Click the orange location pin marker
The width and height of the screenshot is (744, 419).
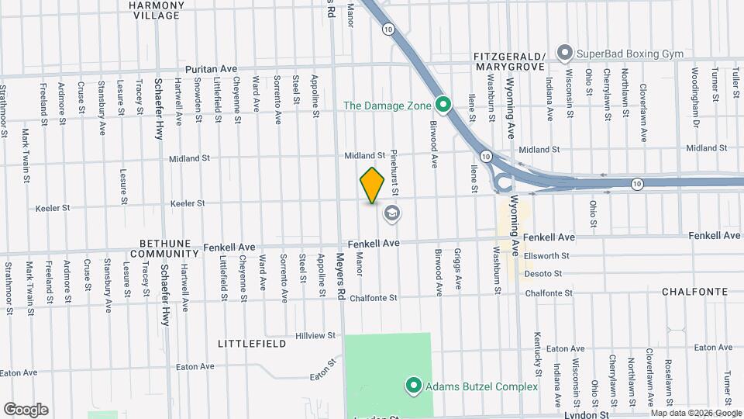(373, 185)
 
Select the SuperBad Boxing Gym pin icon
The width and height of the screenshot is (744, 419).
(565, 54)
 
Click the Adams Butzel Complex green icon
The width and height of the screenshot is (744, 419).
(414, 386)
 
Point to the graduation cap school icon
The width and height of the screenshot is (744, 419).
(392, 213)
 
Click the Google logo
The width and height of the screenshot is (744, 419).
(26, 410)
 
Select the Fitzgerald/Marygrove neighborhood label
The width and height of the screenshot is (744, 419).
(509, 61)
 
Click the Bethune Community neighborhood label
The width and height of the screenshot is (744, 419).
(164, 248)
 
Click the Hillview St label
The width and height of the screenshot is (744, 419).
(315, 336)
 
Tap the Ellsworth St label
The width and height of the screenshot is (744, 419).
(547, 255)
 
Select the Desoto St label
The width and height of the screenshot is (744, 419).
(542, 273)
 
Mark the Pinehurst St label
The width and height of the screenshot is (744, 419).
(394, 171)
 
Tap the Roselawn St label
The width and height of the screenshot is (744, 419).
(669, 382)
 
